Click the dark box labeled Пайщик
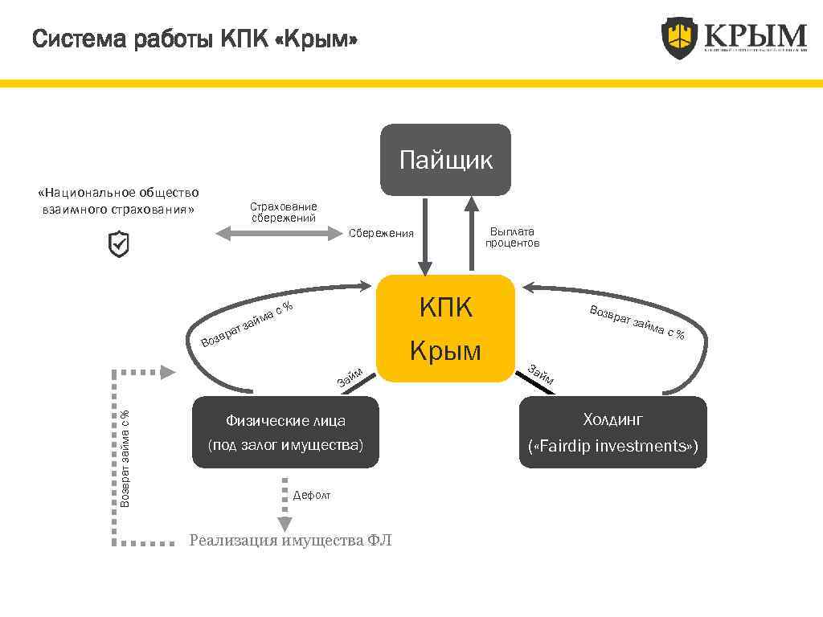point(445,160)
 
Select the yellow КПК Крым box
point(445,328)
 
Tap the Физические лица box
point(285,432)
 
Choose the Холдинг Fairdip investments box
point(613,432)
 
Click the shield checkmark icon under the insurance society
point(118,244)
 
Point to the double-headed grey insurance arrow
point(279,233)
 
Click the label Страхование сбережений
point(284,212)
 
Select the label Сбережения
point(381,234)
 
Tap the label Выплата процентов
point(512,237)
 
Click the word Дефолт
point(312,496)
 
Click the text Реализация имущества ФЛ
point(290,540)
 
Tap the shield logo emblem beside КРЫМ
point(679,38)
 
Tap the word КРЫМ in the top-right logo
point(755,35)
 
